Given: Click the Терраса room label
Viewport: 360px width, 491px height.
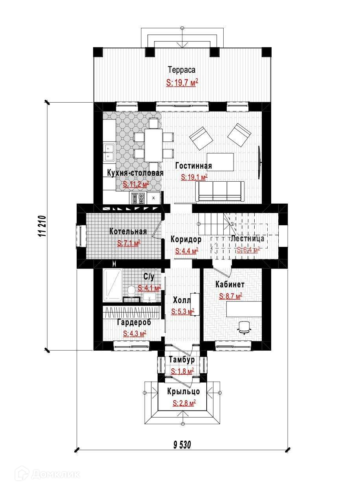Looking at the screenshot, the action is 182,70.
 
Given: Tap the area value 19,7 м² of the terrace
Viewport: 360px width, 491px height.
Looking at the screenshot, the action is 182,83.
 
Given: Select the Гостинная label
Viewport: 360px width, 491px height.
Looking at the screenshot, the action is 193,166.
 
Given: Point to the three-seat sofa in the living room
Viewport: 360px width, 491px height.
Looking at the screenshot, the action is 220,191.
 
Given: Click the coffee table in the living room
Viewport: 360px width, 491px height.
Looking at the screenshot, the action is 220,162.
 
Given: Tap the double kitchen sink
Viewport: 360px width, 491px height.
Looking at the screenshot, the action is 109,153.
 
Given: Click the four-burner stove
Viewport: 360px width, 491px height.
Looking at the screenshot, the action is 138,198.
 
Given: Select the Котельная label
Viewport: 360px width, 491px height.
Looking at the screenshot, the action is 128,232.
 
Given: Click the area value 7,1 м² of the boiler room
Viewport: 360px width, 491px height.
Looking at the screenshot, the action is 129,243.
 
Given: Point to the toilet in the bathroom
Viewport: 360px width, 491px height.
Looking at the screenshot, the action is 131,291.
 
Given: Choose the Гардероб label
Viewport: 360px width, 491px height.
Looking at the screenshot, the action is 134,322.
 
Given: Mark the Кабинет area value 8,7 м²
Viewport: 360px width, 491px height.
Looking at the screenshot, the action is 231,296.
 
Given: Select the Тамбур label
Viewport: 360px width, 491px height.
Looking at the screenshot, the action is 182,360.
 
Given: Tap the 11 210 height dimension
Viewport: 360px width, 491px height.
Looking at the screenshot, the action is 43,226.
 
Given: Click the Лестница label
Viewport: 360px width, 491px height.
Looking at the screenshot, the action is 248,238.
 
